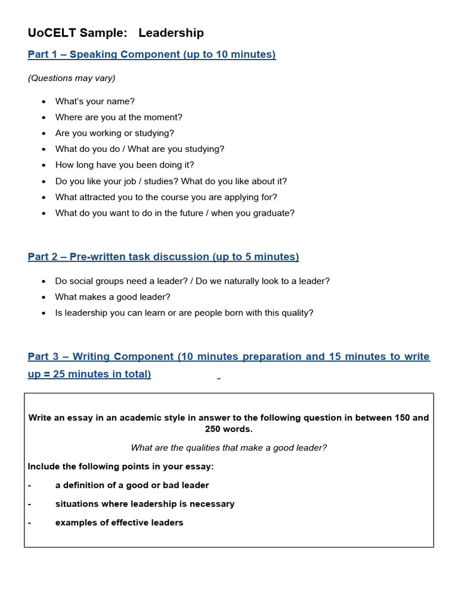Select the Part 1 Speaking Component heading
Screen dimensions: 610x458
[x=151, y=55]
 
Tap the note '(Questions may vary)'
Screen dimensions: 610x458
[x=72, y=78]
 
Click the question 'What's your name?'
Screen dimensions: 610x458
[x=95, y=101]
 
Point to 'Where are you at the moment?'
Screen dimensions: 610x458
[x=119, y=117]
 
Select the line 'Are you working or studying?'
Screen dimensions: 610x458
[x=114, y=133]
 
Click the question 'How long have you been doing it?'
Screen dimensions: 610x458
[x=125, y=165]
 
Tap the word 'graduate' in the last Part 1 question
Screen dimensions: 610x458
[x=274, y=213]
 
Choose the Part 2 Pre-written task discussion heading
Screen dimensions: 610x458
[x=163, y=257]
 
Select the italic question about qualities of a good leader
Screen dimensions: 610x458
[x=228, y=448]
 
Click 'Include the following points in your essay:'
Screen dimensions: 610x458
[x=120, y=466]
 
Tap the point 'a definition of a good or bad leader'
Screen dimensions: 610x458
[x=132, y=485]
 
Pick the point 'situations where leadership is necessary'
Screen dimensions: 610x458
[x=145, y=504]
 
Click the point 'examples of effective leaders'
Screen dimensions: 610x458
[x=119, y=523]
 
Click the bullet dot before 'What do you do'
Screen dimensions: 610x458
[x=44, y=150]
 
